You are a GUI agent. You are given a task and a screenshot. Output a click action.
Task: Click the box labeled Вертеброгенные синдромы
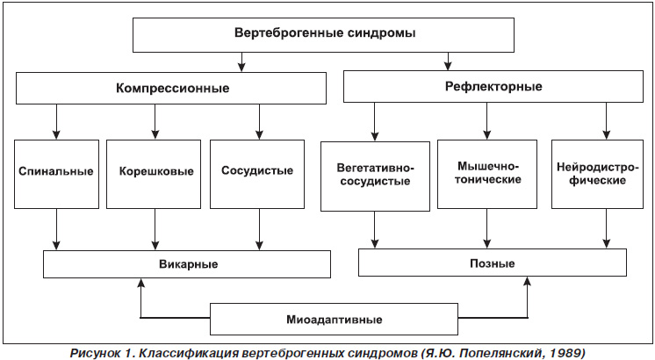[x=323, y=35]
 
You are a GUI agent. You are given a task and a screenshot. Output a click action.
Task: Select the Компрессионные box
[x=171, y=88]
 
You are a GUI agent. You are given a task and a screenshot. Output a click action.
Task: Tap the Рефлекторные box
[x=493, y=86]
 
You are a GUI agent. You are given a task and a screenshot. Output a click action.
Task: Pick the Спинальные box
[x=56, y=174]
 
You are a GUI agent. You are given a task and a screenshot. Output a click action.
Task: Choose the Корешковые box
[x=154, y=174]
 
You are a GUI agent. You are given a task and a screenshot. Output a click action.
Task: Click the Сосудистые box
[x=257, y=174]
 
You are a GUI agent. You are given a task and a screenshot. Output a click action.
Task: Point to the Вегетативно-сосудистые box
[x=375, y=176]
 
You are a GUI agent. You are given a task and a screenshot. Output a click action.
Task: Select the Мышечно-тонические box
[x=487, y=174]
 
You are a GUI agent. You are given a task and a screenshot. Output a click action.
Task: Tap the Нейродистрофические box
[x=597, y=174]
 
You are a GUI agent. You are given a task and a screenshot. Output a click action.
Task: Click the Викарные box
[x=187, y=264]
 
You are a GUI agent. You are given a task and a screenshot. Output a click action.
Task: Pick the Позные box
[x=493, y=263]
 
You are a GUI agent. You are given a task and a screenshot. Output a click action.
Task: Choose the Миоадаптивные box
[x=334, y=319]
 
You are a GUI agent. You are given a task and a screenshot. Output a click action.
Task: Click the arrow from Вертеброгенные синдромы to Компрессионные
[x=241, y=61]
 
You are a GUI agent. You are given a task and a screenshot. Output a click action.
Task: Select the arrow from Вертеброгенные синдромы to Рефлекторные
[x=448, y=61]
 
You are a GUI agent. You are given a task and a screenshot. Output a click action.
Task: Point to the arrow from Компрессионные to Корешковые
[x=155, y=121]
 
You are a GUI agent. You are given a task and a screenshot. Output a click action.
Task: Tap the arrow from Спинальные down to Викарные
[x=56, y=229]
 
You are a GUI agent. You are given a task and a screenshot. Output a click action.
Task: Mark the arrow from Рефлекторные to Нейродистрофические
[x=607, y=120]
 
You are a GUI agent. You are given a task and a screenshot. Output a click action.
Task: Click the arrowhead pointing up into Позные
[x=528, y=281]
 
